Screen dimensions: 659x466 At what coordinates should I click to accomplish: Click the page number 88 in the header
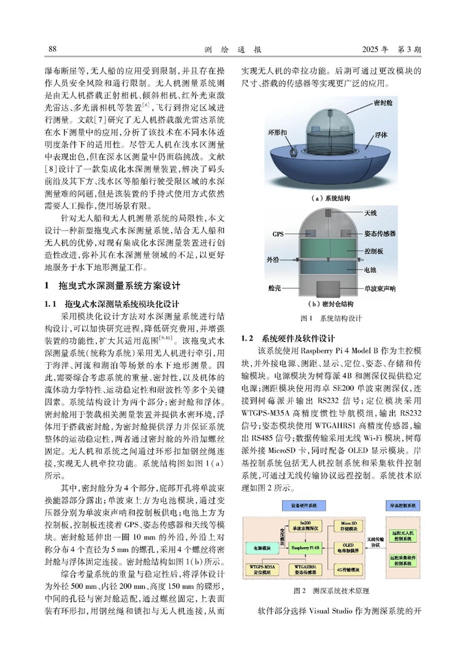(52, 48)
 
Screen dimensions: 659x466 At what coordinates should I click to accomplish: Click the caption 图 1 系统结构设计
(323, 318)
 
